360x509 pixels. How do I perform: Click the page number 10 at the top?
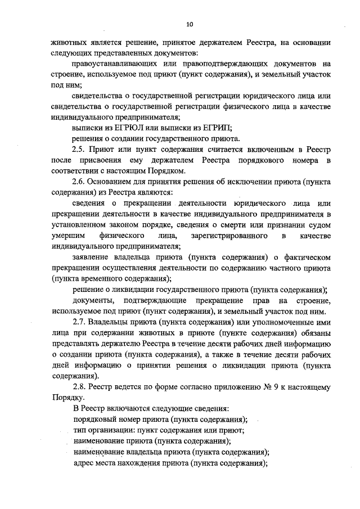190,24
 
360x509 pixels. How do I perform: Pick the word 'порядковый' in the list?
96,419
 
